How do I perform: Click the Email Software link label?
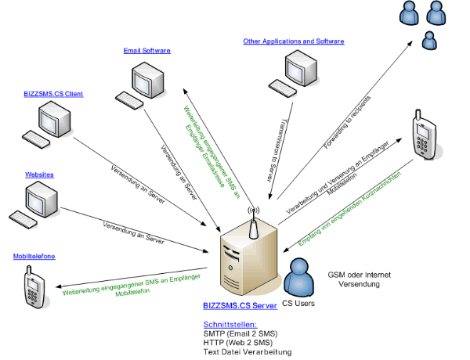[x=147, y=51]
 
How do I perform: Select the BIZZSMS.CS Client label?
[x=54, y=94]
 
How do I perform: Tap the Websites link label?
[x=39, y=175]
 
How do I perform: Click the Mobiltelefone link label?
[x=34, y=257]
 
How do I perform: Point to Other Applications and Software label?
[x=293, y=41]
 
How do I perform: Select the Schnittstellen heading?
[x=230, y=323]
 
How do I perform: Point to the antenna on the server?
[x=252, y=223]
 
